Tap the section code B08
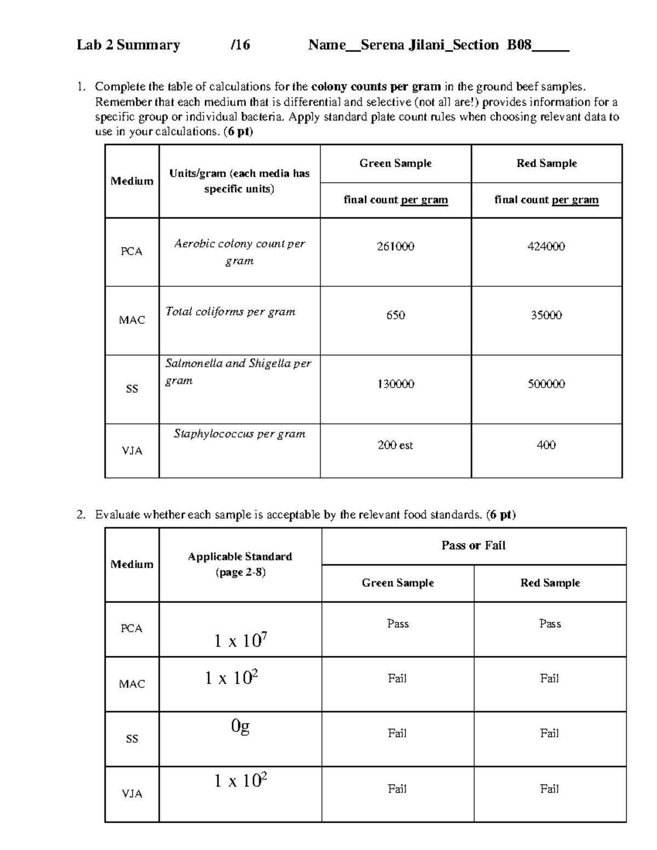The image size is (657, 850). tap(519, 45)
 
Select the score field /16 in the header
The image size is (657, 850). tap(240, 45)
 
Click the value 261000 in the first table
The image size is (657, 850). tap(395, 246)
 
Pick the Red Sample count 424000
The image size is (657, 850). tap(546, 246)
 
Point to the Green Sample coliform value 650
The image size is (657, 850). tap(395, 315)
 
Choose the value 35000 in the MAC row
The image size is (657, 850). tap(546, 315)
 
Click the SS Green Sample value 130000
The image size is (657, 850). tap(395, 384)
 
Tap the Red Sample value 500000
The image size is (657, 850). tap(546, 384)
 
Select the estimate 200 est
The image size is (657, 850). tap(395, 445)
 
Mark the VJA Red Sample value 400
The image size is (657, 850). tap(546, 445)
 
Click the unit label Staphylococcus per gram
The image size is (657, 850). tap(239, 434)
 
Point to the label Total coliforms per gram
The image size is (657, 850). tap(230, 311)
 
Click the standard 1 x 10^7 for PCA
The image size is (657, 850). tap(240, 640)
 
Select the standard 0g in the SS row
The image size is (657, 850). tap(240, 726)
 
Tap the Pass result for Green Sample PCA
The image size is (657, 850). tap(397, 623)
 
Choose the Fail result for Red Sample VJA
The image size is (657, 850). tap(549, 789)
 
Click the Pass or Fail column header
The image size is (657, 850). tap(473, 546)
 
